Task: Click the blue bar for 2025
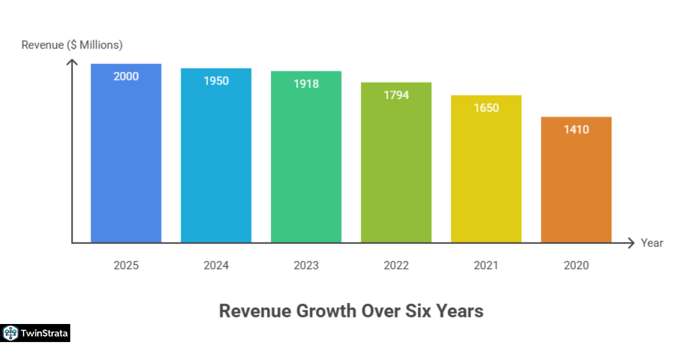coord(126,162)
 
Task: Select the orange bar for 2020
coord(576,186)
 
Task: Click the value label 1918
coord(306,84)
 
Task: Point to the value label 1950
coord(216,80)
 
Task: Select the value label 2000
coord(126,76)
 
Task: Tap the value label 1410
coord(576,130)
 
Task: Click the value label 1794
coord(396,95)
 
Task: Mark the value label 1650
coord(486,108)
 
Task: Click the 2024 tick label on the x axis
coord(216,265)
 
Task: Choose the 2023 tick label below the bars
coord(306,265)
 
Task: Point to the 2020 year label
coord(576,265)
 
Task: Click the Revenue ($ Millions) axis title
coord(72,45)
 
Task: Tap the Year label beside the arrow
coord(652,243)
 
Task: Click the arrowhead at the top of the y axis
coord(72,62)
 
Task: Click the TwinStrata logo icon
coord(10,333)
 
